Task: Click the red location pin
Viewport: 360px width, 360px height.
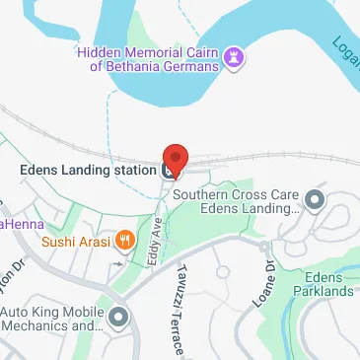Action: [175, 158]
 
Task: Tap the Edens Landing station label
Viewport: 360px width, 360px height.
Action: [88, 169]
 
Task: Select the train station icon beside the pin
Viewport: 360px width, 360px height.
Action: [168, 170]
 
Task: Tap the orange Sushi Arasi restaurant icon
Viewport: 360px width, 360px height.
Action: [124, 239]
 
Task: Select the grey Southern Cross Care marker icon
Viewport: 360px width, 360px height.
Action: [315, 201]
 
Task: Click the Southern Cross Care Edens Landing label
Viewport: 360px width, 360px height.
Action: [236, 201]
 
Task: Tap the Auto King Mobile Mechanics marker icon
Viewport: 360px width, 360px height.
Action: [119, 318]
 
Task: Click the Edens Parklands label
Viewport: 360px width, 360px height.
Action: [329, 284]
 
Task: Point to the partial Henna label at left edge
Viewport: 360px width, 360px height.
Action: [16, 225]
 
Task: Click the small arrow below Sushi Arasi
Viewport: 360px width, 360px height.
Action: [119, 263]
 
